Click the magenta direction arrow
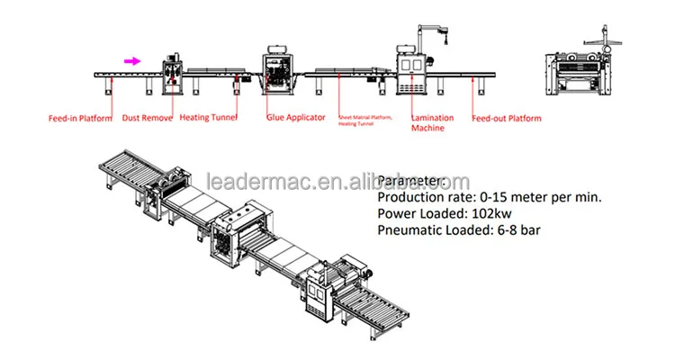131,61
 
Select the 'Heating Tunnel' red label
206,117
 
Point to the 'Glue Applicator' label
295,117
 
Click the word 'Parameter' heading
410,179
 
